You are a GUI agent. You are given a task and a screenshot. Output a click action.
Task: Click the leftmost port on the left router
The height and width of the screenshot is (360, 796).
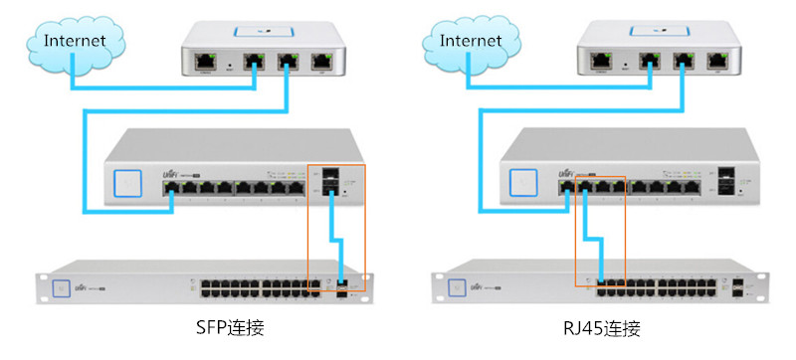click(x=208, y=61)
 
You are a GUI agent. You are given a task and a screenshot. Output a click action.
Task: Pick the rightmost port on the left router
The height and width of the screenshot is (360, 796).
click(x=320, y=61)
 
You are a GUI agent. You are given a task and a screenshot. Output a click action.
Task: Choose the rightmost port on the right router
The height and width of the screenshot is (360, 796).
click(x=716, y=61)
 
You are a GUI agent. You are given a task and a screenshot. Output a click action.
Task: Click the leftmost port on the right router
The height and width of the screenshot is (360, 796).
click(x=604, y=61)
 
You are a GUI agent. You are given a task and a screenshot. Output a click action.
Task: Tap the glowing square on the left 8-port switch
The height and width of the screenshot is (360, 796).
click(x=128, y=183)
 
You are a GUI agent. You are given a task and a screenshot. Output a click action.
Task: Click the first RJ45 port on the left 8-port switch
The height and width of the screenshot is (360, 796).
click(x=172, y=186)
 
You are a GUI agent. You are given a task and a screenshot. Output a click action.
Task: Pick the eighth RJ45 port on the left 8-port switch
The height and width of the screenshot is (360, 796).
click(x=297, y=186)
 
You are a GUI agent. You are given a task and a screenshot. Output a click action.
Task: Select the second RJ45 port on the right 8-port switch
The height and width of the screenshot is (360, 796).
click(x=586, y=186)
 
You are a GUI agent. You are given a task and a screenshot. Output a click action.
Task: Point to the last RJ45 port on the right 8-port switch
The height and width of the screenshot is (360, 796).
click(x=693, y=186)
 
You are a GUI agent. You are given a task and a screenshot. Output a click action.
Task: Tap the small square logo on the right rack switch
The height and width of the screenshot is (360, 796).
click(x=458, y=285)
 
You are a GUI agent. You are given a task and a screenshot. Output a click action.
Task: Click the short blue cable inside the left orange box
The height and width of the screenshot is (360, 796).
click(x=337, y=244)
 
